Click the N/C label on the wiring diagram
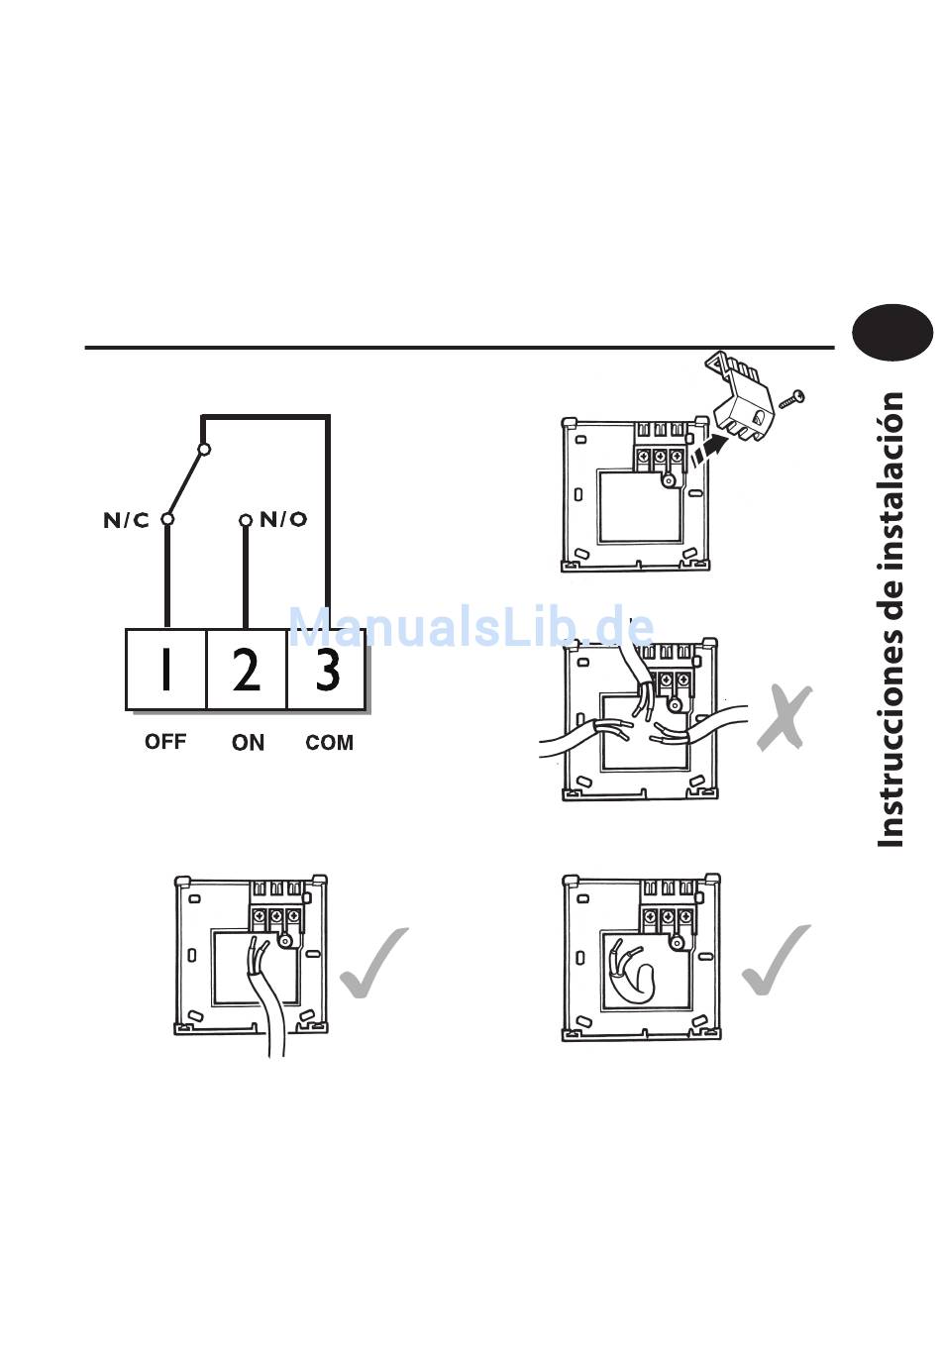coord(126,521)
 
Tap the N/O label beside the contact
coord(283,519)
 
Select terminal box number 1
coord(165,670)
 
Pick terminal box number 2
coord(247,670)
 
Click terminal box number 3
coord(327,670)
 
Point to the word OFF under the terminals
coord(165,741)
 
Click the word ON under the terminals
coord(248,743)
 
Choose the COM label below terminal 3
coord(329,743)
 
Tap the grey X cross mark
coord(784,719)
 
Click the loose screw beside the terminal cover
coord(793,398)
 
